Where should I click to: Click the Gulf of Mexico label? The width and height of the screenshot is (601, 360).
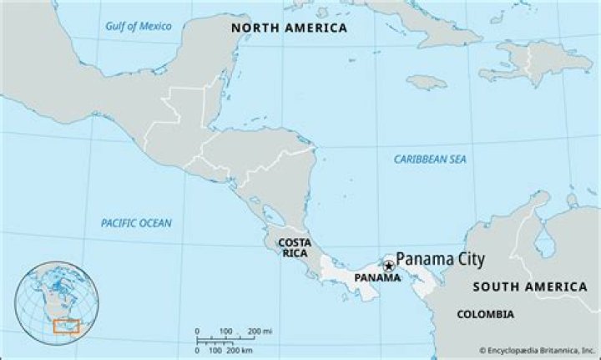(x=138, y=26)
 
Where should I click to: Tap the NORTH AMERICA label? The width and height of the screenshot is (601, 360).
(x=289, y=28)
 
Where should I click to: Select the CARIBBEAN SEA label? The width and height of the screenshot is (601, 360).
(x=430, y=159)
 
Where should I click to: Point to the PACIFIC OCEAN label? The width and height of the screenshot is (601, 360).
(x=136, y=223)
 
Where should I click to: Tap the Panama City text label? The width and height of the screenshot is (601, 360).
(x=440, y=259)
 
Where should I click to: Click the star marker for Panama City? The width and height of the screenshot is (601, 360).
(x=388, y=266)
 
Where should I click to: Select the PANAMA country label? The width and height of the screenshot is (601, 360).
(x=377, y=277)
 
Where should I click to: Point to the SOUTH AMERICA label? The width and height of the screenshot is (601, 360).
(x=529, y=286)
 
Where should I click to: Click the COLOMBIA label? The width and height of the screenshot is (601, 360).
(x=485, y=314)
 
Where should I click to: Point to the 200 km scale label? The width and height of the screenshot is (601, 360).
(x=240, y=349)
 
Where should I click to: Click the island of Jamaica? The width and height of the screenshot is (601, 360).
(x=427, y=82)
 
